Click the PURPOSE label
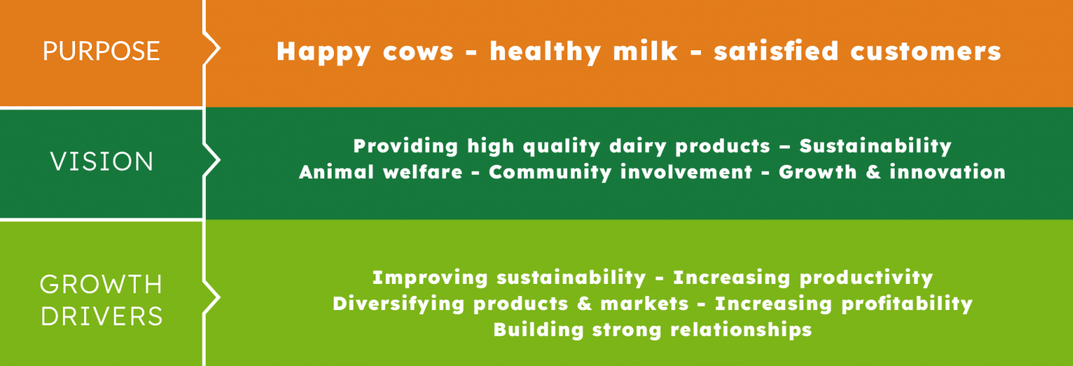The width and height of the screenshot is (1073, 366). pyautogui.click(x=101, y=51)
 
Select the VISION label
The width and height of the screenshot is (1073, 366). pyautogui.click(x=102, y=161)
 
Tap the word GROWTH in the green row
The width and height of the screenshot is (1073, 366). pyautogui.click(x=101, y=285)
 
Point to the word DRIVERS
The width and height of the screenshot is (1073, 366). pyautogui.click(x=102, y=316)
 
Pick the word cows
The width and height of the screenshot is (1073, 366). pyautogui.click(x=418, y=52)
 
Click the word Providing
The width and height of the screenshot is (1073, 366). pyautogui.click(x=406, y=147)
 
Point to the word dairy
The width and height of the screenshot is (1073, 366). pyautogui.click(x=637, y=147)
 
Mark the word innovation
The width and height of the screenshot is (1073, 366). pyautogui.click(x=948, y=172)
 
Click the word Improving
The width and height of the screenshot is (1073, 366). pyautogui.click(x=430, y=278)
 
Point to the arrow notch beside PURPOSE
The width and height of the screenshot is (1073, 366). pyautogui.click(x=211, y=48)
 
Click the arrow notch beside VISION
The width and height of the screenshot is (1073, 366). pyautogui.click(x=211, y=160)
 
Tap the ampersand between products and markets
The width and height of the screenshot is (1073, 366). pyautogui.click(x=584, y=303)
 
